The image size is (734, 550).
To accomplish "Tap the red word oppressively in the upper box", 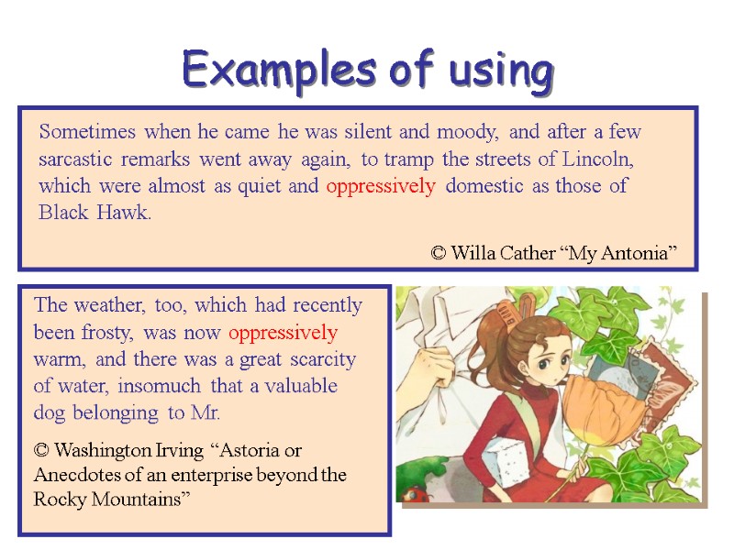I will [381, 186].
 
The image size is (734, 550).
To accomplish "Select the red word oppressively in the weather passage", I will [283, 332].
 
